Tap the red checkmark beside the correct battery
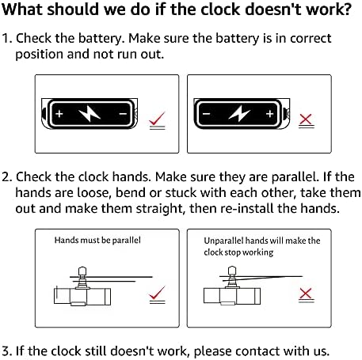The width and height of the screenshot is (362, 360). pos(157,119)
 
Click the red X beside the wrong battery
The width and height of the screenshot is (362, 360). pos(306,119)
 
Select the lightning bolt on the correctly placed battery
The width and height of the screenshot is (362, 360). pos(90,114)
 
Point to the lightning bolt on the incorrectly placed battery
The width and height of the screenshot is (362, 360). pos(239,114)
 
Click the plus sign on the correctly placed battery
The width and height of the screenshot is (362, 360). pos(59,114)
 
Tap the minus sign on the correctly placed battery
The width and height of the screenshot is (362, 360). pos(123,114)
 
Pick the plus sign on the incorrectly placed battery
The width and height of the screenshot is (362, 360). pos(269,114)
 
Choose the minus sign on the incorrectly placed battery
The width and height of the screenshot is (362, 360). pos(207,114)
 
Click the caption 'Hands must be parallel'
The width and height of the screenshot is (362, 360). pos(97,241)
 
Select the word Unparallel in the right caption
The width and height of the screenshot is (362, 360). pos(223,241)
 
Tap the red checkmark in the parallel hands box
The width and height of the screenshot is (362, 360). pos(157,293)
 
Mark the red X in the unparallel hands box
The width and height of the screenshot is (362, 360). pos(306,294)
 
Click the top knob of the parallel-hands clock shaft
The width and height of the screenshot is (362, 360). pos(82,271)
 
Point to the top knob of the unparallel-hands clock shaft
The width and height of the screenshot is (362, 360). pos(232,271)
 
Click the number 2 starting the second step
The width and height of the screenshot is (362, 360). pos(6,176)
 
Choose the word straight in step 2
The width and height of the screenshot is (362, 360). pos(159,209)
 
